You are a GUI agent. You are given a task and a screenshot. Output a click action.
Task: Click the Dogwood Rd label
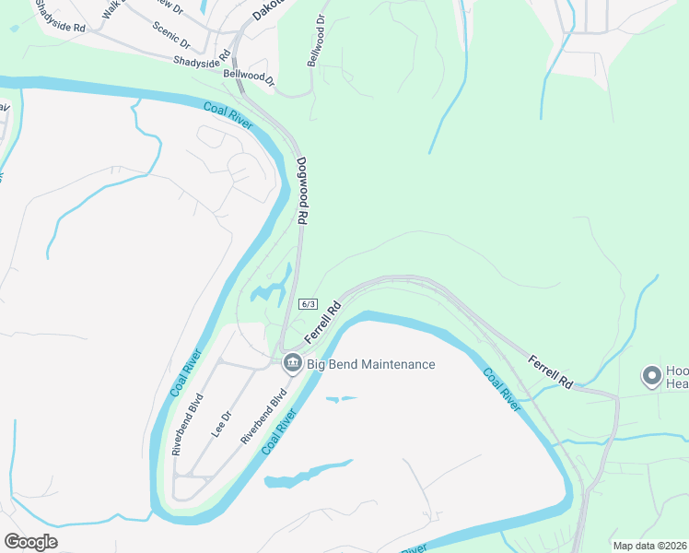click(x=301, y=191)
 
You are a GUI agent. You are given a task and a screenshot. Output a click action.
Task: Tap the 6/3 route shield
click(x=308, y=304)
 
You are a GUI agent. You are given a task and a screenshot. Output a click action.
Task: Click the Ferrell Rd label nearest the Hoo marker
click(x=551, y=370)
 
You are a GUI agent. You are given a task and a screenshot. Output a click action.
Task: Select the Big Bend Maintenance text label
click(x=370, y=364)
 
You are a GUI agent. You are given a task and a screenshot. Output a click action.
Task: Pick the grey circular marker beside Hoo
click(x=652, y=376)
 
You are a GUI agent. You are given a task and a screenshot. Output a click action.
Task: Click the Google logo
click(x=30, y=542)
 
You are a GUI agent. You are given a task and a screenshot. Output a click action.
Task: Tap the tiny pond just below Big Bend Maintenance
click(x=340, y=399)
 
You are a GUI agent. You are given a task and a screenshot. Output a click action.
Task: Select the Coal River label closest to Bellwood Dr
click(x=228, y=117)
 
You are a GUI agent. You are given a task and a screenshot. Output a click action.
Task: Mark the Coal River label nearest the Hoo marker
click(x=501, y=388)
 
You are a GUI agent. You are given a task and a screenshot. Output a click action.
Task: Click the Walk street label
click(x=113, y=10)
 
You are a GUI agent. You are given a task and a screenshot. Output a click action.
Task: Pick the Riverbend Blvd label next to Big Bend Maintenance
click(x=264, y=416)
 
